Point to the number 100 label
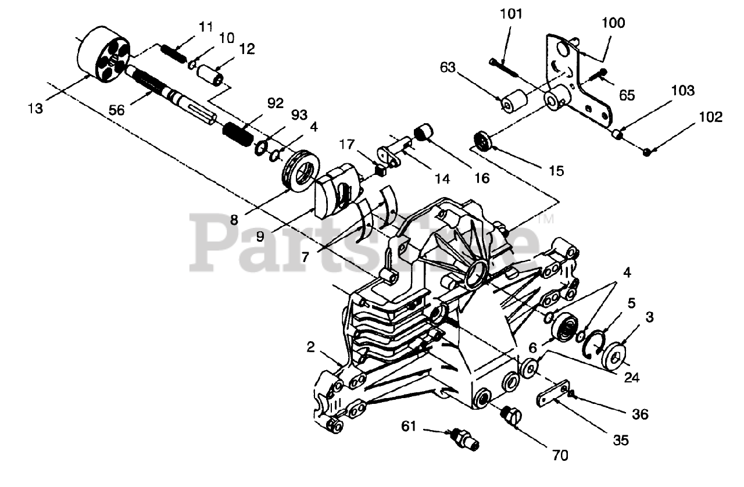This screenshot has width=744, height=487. click(x=613, y=23)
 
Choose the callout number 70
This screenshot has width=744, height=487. click(x=560, y=456)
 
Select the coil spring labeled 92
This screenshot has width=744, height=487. click(x=237, y=135)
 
